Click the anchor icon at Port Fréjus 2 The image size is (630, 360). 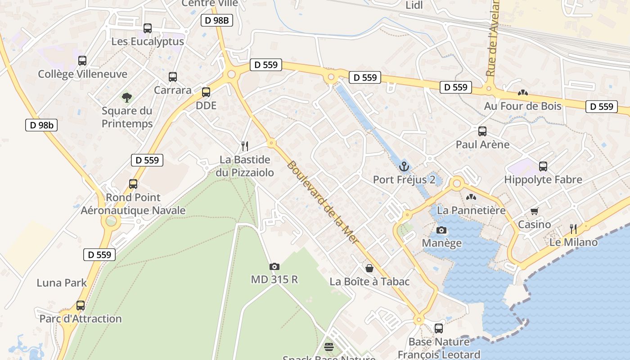(x=404, y=166)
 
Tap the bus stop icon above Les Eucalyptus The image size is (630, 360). (x=147, y=28)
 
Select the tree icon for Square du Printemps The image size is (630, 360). (x=127, y=97)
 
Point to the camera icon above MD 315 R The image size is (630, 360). (x=274, y=266)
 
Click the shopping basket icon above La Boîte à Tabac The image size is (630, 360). (x=369, y=268)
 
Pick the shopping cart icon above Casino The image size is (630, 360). (x=535, y=211)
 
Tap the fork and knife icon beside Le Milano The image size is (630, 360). (x=573, y=229)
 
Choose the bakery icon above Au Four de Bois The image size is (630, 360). (x=523, y=93)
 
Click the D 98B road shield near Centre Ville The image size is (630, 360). (x=216, y=20)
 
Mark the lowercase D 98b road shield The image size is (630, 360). (x=41, y=125)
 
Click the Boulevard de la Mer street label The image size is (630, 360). (x=324, y=202)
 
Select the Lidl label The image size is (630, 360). (x=414, y=5)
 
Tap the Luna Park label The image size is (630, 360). (x=62, y=283)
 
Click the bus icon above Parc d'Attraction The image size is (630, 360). (x=81, y=306)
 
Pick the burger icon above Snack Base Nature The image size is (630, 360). (x=329, y=347)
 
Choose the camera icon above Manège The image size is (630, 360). (x=441, y=230)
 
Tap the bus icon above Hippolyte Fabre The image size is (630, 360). (x=543, y=166)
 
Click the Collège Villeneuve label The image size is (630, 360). (x=82, y=74)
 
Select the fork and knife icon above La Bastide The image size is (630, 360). (x=245, y=146)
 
